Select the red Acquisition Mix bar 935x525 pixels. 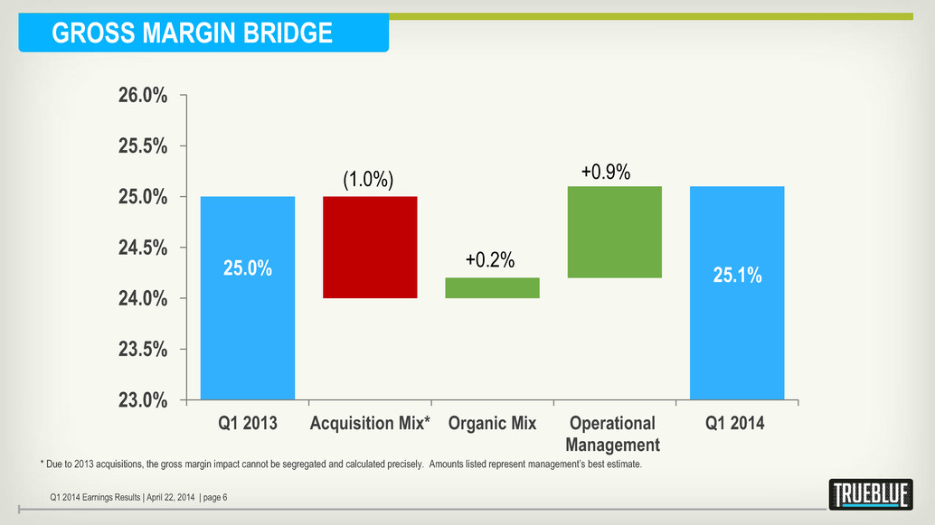pos(370,247)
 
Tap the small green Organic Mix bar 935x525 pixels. pos(492,287)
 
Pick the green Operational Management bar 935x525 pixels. pos(614,231)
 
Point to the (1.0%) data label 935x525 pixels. pos(368,179)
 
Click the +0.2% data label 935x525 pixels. pos(490,260)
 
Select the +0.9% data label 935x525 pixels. pos(605,171)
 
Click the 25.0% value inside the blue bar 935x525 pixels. pos(248,268)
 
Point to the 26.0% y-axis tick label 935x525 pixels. pos(142,95)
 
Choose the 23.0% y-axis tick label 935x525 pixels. pos(142,399)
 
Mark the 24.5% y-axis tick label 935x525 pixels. pos(142,248)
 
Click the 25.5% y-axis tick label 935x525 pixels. pos(142,145)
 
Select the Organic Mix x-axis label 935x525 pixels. pos(492,423)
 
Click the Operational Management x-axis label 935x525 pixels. pos(612,434)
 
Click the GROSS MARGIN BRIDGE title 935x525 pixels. pos(192,33)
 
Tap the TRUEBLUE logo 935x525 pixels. pos(870,494)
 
